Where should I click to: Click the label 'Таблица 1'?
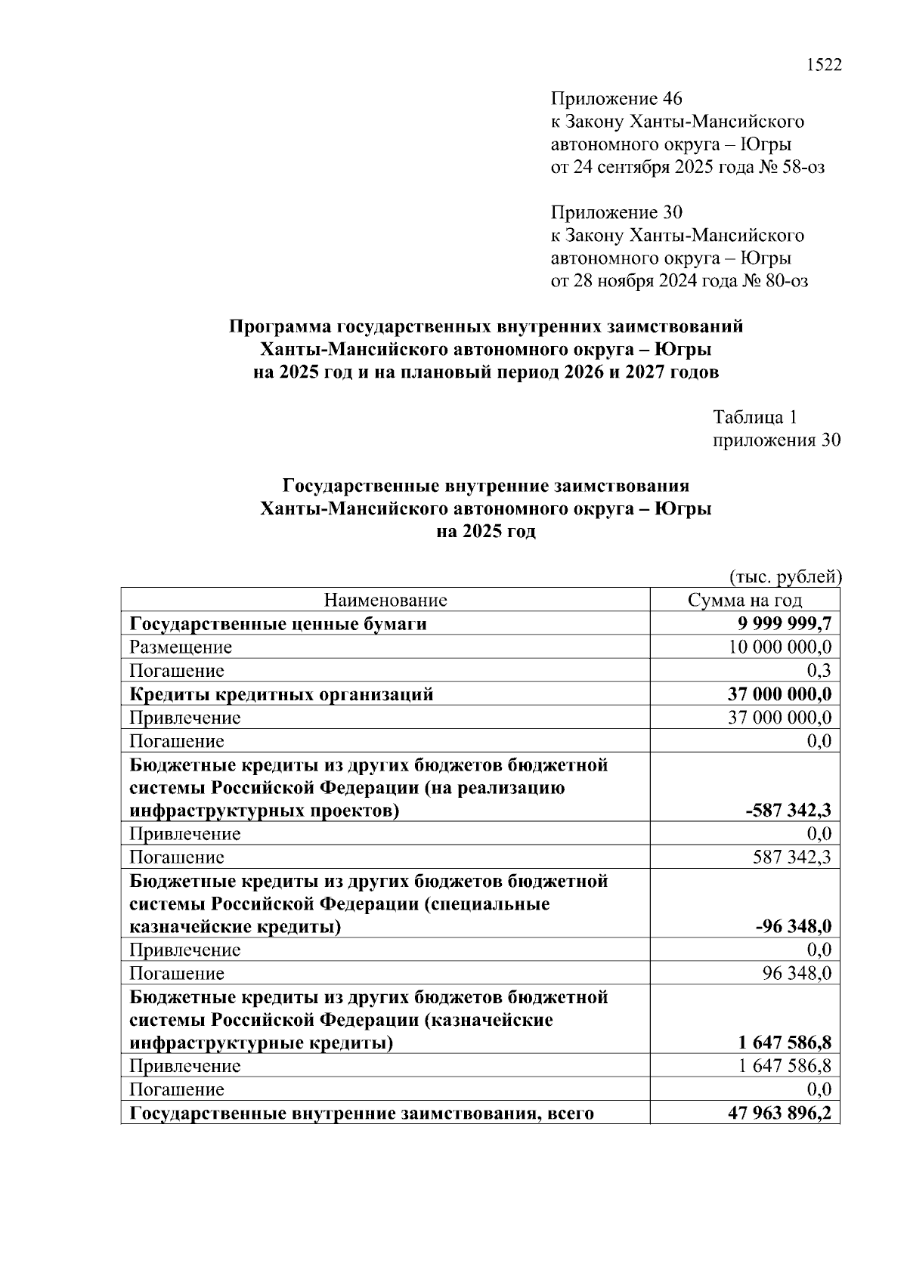tap(755, 417)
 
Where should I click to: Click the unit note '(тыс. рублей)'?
tap(785, 577)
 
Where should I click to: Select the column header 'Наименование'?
tap(385, 601)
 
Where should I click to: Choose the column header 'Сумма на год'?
tap(744, 601)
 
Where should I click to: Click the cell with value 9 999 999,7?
tap(785, 624)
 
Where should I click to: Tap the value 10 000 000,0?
tap(780, 647)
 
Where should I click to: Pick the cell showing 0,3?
tap(819, 671)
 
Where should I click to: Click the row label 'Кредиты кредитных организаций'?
tap(281, 694)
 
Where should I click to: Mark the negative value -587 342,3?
tap(788, 811)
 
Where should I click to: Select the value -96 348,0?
tap(794, 927)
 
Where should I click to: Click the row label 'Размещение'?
tap(181, 647)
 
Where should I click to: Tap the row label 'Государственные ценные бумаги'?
tap(278, 624)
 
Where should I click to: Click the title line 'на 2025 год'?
tap(485, 532)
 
